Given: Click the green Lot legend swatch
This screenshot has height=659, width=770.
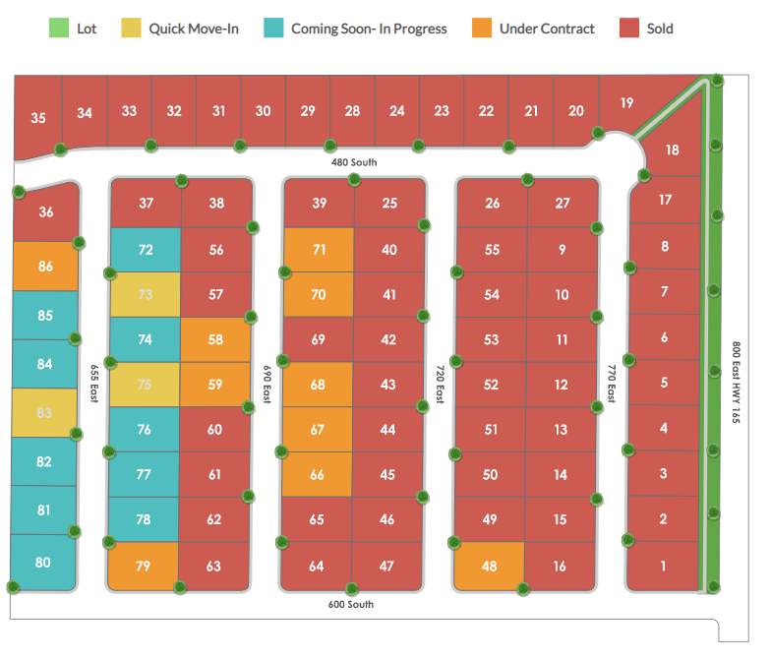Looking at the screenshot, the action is [59, 29].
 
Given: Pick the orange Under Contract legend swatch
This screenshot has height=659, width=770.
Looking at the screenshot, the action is [482, 29].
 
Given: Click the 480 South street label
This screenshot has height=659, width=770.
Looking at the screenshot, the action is [354, 162].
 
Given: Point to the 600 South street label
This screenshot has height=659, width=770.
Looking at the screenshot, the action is [351, 604].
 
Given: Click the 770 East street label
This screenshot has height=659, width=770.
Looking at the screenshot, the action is [611, 383].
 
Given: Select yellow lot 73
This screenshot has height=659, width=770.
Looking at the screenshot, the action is [146, 295].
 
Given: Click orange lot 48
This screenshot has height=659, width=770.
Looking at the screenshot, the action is [489, 566].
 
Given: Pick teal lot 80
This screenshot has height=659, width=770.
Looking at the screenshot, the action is [42, 563].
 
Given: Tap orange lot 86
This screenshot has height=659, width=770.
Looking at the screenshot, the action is [45, 267].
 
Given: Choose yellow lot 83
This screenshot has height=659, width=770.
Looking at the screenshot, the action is [43, 413].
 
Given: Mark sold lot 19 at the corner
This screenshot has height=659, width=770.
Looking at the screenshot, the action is [626, 102].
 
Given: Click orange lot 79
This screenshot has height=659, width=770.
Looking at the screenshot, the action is [143, 566].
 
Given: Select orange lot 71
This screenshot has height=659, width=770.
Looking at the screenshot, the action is [319, 250].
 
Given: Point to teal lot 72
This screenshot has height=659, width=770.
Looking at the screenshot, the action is [146, 250].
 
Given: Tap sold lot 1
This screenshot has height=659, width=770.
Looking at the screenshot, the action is [663, 566].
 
